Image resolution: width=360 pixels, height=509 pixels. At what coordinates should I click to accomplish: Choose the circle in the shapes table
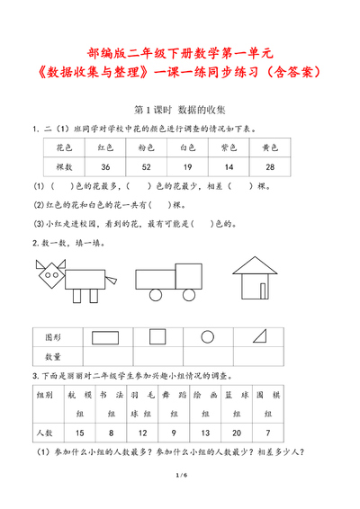(x=207, y=336)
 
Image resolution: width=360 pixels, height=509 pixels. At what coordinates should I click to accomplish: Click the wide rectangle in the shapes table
(x=105, y=336)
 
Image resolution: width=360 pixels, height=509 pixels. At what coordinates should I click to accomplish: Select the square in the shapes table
(x=157, y=336)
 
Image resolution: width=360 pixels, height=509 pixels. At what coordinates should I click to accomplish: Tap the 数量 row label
(x=54, y=357)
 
